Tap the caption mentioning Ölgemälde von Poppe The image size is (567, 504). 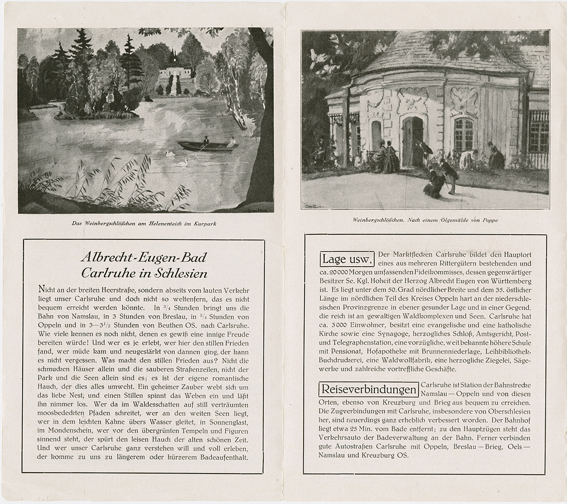(425, 220)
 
